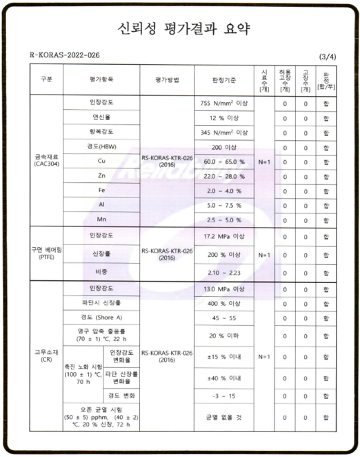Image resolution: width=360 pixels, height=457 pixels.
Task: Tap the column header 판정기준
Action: pyautogui.click(x=221, y=80)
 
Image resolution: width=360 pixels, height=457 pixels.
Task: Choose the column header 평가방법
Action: pyautogui.click(x=167, y=80)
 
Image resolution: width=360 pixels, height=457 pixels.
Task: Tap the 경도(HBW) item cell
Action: pyautogui.click(x=101, y=146)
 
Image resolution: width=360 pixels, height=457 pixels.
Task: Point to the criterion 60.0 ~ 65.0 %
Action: pyautogui.click(x=221, y=161)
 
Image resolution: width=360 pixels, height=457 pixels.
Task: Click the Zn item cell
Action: pyautogui.click(x=101, y=175)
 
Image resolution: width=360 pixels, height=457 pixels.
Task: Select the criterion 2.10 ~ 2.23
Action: pyautogui.click(x=221, y=273)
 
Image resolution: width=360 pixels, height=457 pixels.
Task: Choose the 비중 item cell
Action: pyautogui.click(x=101, y=273)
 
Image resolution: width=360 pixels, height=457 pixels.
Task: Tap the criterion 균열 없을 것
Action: pyautogui.click(x=221, y=418)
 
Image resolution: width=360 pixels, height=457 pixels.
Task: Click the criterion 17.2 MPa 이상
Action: pyautogui.click(x=221, y=237)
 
